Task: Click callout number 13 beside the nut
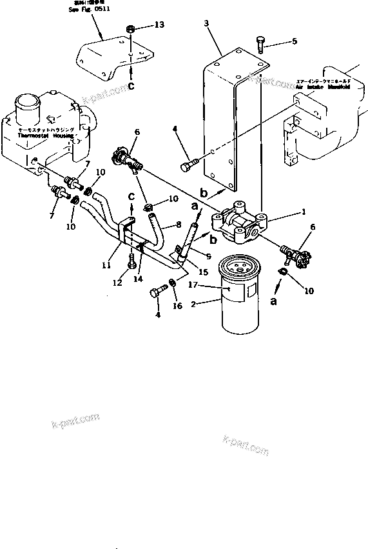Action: click(160, 25)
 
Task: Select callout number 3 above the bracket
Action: click(206, 23)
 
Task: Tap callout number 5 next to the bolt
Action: click(295, 42)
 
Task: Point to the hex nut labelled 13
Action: click(131, 28)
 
